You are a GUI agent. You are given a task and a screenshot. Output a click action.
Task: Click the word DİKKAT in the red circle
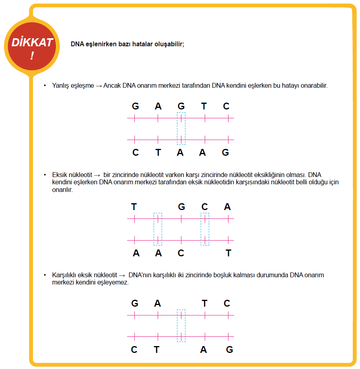[x=32, y=42]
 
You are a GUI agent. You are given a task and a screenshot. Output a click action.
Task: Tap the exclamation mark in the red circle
[x=32, y=56]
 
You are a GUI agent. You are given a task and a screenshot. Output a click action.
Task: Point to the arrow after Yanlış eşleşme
[x=99, y=86]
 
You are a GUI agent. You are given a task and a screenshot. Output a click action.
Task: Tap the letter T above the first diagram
[x=204, y=106]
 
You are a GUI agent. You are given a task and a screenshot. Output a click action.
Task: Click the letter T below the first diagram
[x=158, y=153]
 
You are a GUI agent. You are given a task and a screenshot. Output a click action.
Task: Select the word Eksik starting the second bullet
[x=60, y=175]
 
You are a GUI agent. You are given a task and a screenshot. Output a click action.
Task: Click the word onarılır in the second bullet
[x=62, y=190]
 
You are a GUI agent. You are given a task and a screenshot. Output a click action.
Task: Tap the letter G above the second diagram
[x=181, y=207]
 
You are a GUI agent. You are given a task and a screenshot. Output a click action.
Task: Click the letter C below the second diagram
[x=181, y=253]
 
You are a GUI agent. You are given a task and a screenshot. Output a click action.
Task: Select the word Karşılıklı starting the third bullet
[x=64, y=275]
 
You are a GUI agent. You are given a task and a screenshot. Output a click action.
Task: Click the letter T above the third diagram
[x=204, y=303]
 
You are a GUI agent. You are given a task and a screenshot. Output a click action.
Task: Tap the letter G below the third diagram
[x=229, y=350]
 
